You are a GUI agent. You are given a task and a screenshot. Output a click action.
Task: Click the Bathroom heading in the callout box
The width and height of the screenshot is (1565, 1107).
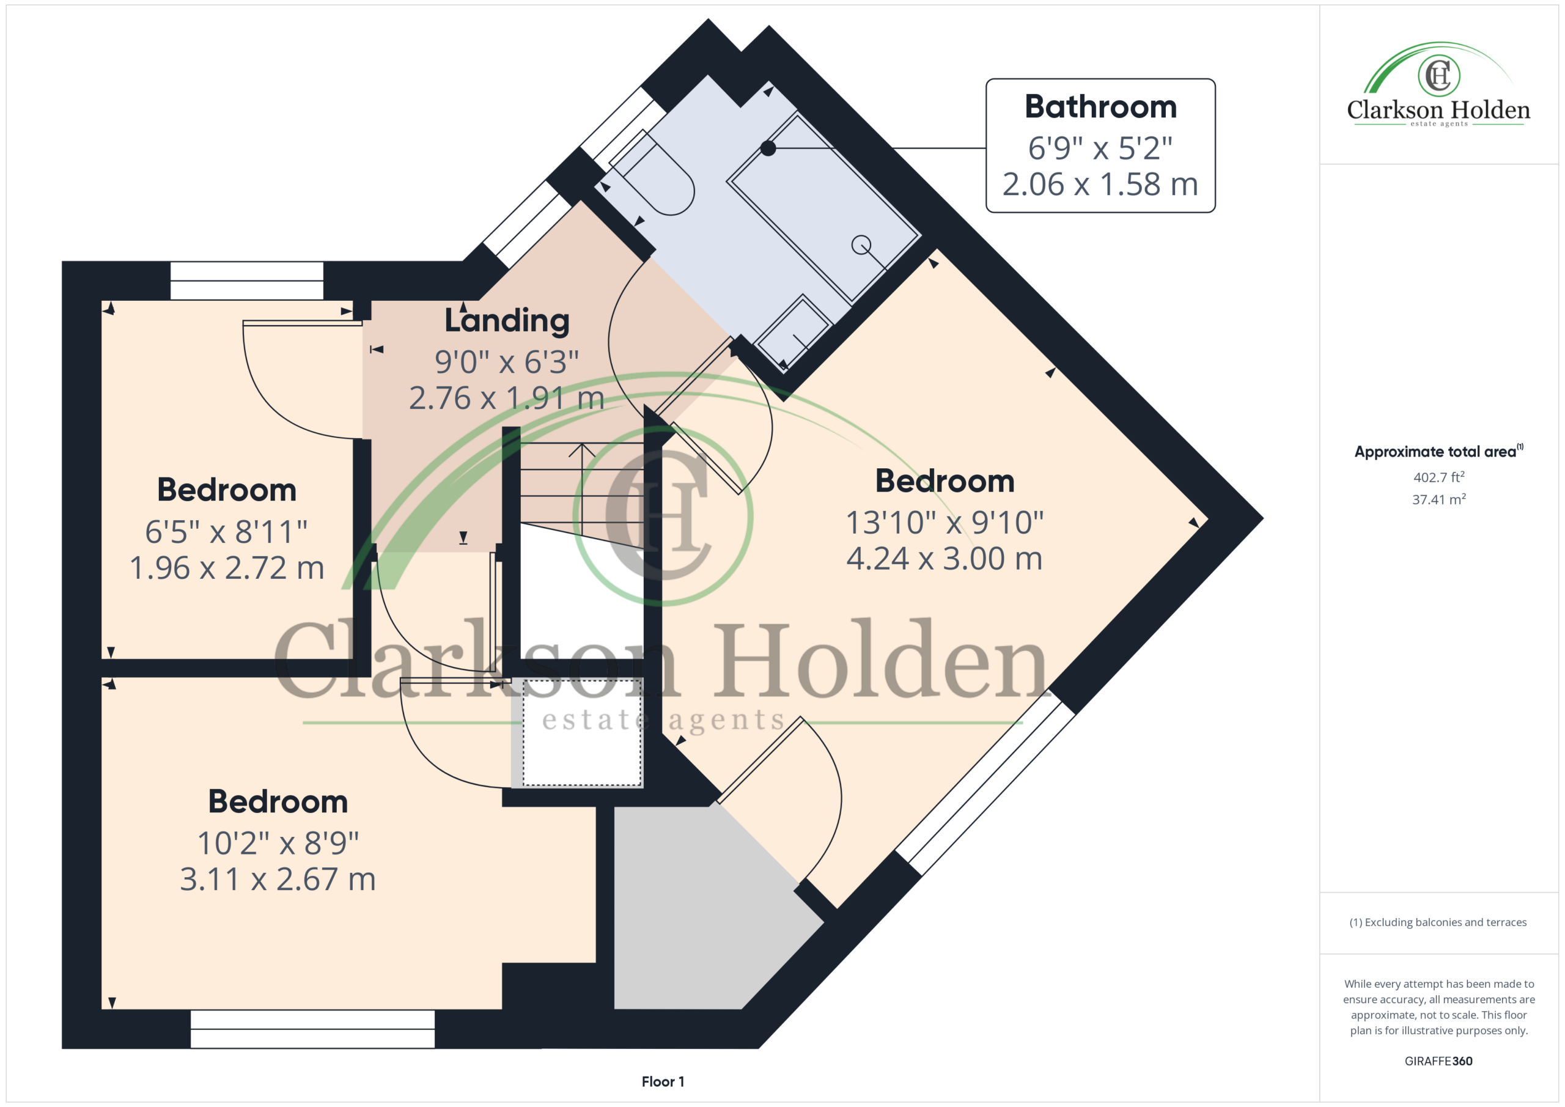1100,107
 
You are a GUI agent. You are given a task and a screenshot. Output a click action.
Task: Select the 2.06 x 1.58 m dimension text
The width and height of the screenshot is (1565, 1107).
1100,184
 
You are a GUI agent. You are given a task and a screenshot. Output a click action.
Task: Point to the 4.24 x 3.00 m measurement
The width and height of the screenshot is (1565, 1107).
944,559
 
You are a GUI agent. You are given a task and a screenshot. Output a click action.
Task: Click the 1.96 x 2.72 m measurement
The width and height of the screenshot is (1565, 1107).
226,568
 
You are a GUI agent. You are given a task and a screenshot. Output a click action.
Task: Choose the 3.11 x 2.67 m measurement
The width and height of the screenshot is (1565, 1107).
278,880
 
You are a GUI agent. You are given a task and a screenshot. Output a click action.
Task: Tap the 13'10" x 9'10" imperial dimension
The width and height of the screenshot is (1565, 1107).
944,523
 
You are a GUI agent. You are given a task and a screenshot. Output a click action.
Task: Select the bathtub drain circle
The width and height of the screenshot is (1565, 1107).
861,244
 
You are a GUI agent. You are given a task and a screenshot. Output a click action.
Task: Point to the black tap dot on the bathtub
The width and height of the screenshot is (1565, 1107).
768,148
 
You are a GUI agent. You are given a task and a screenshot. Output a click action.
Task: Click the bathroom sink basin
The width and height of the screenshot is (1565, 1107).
793,333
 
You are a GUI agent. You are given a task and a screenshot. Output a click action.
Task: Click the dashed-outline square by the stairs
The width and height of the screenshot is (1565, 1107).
582,732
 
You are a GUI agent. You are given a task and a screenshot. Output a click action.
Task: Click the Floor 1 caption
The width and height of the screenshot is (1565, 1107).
663,1082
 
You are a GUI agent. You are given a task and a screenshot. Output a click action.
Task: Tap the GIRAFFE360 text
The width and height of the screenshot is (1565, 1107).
1438,1061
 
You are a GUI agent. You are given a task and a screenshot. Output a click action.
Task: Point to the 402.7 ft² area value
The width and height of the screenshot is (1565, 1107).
1439,477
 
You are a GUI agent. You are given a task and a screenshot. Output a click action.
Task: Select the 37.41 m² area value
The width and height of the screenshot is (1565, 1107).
1439,499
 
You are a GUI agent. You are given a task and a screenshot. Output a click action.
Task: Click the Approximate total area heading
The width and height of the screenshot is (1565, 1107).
1438,451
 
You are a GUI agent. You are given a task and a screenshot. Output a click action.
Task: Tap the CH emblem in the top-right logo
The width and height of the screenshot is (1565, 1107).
1439,75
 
